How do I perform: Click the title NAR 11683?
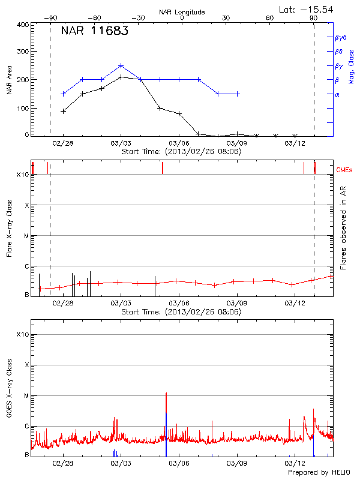coord(94,32)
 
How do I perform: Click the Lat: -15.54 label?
coord(307,9)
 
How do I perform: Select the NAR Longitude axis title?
coord(182,12)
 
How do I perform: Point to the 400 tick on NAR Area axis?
coord(20,25)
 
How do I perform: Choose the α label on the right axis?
coord(337,95)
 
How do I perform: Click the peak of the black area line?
coord(121,77)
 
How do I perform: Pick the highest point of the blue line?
coord(121,65)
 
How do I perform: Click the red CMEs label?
coord(345,170)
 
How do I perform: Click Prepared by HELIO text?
coord(318,473)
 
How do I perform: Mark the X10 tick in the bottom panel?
coord(22,334)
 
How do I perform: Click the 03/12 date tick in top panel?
coord(295,143)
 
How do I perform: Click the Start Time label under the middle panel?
coord(182,312)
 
